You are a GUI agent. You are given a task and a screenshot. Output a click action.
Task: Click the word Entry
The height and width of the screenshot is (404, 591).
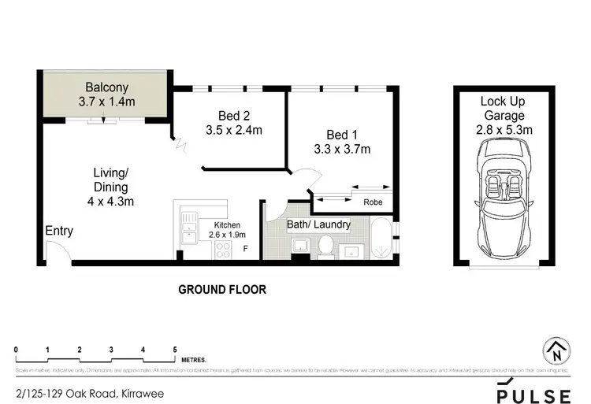tap(59, 232)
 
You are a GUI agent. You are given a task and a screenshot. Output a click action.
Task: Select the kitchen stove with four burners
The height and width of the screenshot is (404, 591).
tap(221, 250)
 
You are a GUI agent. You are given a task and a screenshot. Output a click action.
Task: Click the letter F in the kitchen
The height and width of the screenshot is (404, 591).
tap(245, 250)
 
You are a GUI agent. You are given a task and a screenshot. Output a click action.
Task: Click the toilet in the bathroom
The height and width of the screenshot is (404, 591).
tap(324, 247)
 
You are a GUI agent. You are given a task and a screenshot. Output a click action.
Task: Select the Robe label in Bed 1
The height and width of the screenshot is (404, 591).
tap(372, 202)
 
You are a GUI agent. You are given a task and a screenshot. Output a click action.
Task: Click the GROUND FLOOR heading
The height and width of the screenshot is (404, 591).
tap(222, 289)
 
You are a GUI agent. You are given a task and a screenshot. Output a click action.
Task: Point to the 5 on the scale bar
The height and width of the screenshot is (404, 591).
tap(174, 349)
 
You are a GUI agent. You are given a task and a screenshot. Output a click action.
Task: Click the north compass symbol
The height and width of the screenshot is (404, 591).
tap(556, 351)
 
